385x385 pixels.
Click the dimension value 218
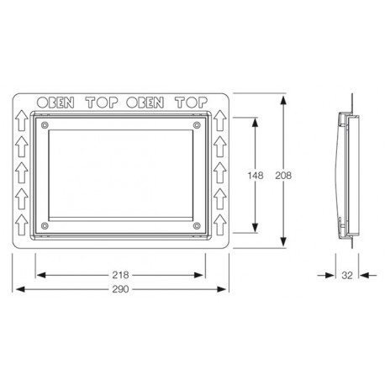click(x=120, y=275)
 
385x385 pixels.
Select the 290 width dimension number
click(x=120, y=289)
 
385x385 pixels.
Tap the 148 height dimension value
click(x=256, y=176)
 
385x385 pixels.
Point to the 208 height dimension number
click(x=283, y=176)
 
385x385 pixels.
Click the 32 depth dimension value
click(x=347, y=276)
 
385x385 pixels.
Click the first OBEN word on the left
click(x=55, y=103)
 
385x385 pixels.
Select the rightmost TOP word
click(x=192, y=103)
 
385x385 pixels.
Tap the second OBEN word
click(x=145, y=103)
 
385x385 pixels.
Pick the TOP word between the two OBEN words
click(x=102, y=103)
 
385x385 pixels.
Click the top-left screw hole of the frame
click(x=45, y=125)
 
